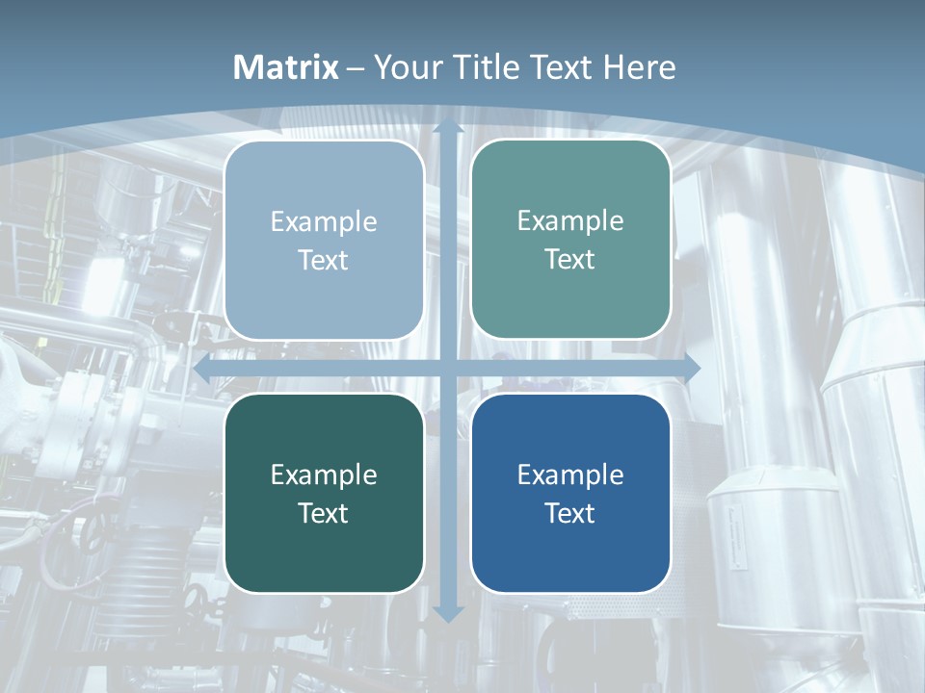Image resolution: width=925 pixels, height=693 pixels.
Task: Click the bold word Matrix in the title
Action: pos(286,67)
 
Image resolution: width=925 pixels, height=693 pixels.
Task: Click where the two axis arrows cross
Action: pos(448,367)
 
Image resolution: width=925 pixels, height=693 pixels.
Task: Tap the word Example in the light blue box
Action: pos(324,222)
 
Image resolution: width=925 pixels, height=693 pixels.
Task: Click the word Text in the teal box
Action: pos(570,260)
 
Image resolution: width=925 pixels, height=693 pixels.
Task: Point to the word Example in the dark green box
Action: pos(324,475)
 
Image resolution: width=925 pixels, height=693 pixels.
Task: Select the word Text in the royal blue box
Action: pos(570,513)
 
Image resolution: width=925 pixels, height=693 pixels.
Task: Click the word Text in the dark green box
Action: pos(324,513)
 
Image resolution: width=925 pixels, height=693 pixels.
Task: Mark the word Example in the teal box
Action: pos(570,221)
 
